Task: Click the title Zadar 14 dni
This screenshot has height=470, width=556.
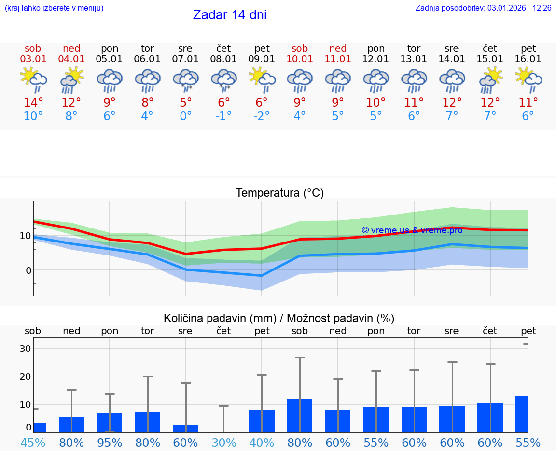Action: click(x=229, y=15)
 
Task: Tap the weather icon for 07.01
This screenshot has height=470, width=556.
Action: click(x=186, y=80)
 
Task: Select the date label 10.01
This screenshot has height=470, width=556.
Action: click(x=300, y=59)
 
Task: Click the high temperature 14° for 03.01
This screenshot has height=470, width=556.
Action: click(x=33, y=103)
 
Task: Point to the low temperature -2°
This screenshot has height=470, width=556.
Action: click(x=262, y=116)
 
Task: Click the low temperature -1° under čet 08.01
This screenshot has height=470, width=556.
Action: click(x=223, y=116)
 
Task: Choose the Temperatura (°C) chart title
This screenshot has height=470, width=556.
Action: click(x=279, y=193)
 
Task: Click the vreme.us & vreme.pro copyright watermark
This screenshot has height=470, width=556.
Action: click(x=412, y=230)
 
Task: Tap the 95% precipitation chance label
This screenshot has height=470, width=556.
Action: click(x=110, y=443)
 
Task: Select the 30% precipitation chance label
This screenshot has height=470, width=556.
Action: click(x=223, y=443)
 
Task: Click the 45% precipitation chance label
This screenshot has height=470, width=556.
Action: click(x=33, y=443)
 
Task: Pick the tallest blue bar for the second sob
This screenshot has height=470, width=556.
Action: click(x=300, y=416)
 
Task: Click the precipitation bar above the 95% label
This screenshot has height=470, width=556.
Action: click(x=110, y=422)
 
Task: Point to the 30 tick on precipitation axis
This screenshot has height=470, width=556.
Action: click(x=26, y=349)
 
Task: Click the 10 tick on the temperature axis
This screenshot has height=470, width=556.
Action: click(x=26, y=236)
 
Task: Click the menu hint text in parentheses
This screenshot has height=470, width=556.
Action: click(x=54, y=8)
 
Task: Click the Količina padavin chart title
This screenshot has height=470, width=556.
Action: click(x=279, y=318)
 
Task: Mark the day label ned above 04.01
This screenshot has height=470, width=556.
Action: click(x=71, y=49)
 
